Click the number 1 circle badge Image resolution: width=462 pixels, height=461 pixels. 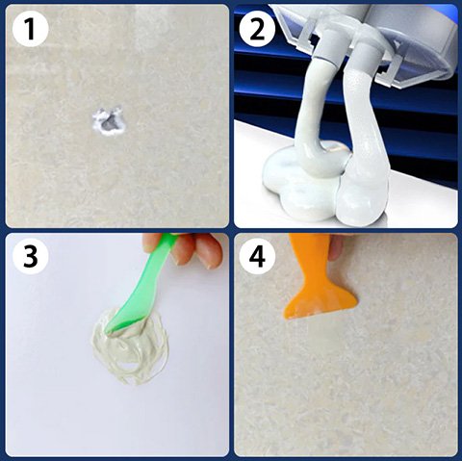click(30, 29)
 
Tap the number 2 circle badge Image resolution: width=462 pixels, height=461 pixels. click(258, 29)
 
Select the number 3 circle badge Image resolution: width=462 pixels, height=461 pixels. click(30, 256)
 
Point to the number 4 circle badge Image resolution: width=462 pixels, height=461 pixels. click(258, 256)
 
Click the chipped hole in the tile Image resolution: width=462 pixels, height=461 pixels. click(109, 122)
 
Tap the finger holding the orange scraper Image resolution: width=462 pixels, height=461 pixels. click(336, 247)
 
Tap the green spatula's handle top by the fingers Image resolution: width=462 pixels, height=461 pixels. click(168, 240)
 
